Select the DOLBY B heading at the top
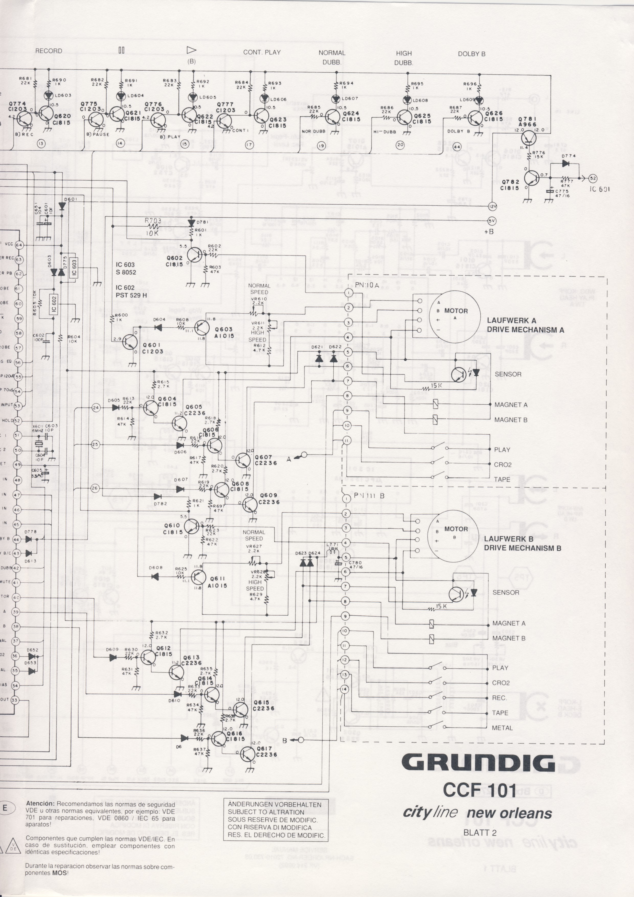(472, 54)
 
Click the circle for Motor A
(454, 317)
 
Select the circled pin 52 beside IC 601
(593, 178)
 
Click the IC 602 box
(54, 304)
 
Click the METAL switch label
(502, 728)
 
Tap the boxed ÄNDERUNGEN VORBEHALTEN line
(275, 793)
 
